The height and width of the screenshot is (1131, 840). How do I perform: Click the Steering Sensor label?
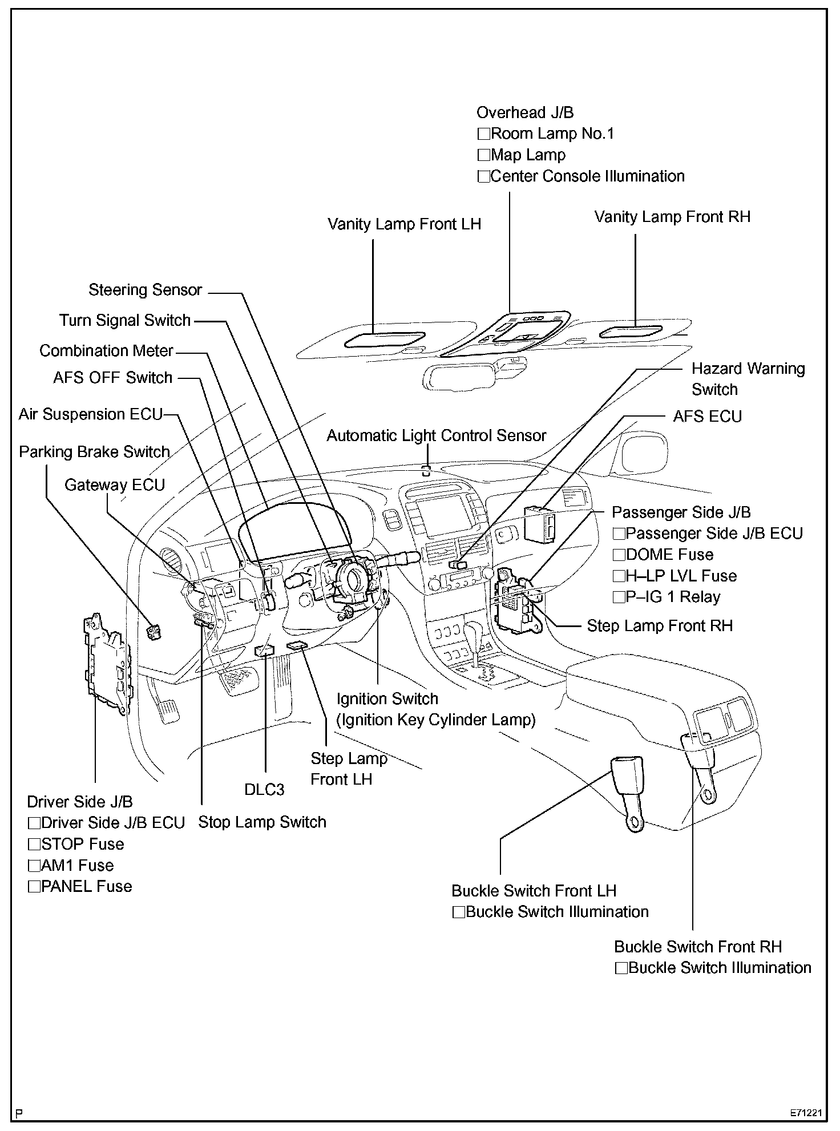[145, 290]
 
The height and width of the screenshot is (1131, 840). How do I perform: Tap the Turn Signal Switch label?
[124, 320]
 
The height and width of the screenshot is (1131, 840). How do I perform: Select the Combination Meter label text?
[106, 350]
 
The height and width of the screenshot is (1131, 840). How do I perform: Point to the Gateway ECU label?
[114, 485]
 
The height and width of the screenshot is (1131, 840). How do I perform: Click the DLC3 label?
[264, 789]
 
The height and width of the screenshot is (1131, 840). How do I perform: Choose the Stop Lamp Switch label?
[262, 822]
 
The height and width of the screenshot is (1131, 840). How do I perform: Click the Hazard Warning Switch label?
[748, 379]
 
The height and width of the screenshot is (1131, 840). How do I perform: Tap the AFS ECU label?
[707, 417]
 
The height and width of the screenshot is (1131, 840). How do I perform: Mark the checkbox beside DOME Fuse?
[619, 555]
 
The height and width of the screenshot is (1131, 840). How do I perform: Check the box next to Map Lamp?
[484, 155]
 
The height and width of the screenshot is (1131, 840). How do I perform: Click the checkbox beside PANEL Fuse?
[34, 887]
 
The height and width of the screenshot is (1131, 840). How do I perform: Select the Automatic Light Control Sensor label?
[436, 436]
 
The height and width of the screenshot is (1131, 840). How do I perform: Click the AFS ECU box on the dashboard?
[539, 523]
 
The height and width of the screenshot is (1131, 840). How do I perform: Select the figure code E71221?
[806, 1113]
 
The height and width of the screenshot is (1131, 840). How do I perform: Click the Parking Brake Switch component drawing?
[155, 632]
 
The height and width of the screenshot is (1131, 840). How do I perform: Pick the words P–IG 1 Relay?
[673, 597]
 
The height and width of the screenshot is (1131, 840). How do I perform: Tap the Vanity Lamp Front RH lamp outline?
[631, 332]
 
